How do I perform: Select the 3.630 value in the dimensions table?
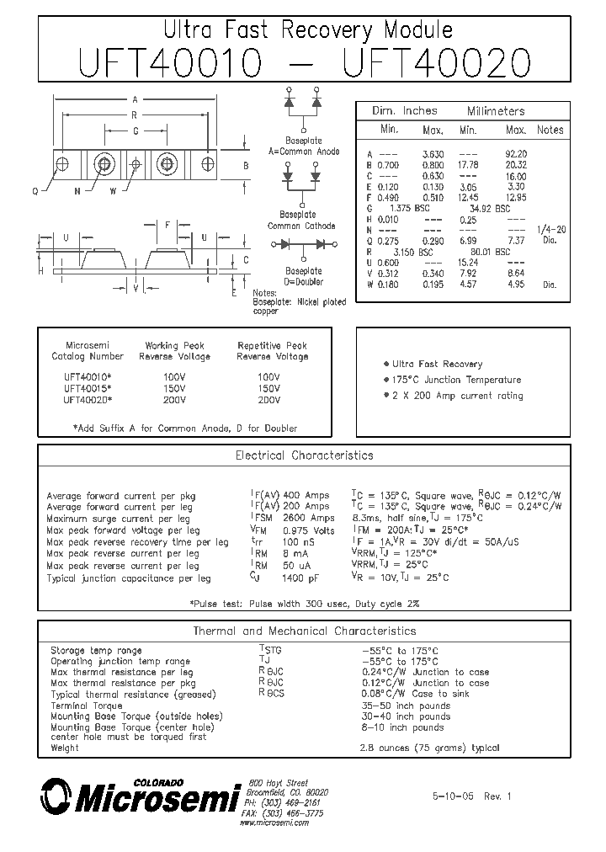click(432, 154)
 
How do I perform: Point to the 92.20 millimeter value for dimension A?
click(515, 154)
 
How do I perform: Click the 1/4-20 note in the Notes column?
click(550, 230)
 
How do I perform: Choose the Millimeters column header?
click(496, 111)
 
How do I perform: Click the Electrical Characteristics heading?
click(304, 455)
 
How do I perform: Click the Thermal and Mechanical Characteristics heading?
click(304, 631)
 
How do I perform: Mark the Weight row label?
click(65, 748)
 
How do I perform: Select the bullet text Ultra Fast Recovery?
click(437, 364)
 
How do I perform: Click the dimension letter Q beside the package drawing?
click(35, 191)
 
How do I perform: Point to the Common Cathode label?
click(301, 226)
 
